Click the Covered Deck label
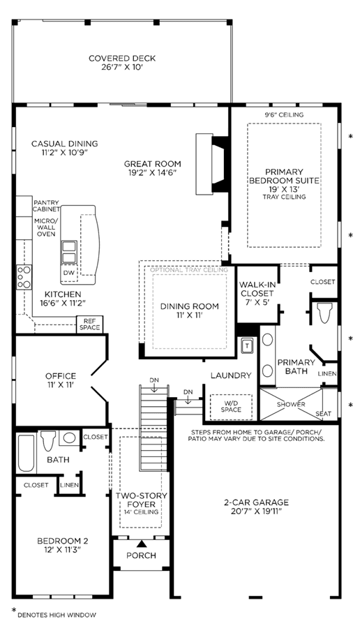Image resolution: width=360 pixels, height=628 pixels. (122, 63)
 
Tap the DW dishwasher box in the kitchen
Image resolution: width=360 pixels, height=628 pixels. (68, 273)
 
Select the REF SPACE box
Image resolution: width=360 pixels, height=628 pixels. (90, 324)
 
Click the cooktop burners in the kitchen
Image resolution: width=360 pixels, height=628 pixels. (24, 277)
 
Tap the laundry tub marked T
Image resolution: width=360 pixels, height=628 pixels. (247, 345)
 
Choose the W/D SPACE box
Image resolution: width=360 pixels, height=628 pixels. (231, 407)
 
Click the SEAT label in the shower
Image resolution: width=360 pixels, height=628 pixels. (323, 413)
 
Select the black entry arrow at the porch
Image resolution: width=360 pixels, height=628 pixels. (141, 544)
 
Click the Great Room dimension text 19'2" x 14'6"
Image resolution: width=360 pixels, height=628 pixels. (152, 172)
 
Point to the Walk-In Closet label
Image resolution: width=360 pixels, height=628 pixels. (257, 289)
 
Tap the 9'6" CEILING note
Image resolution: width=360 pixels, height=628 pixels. (285, 115)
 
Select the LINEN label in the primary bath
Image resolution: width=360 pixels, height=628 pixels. (327, 374)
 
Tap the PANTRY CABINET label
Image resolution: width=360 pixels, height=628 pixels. (47, 205)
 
